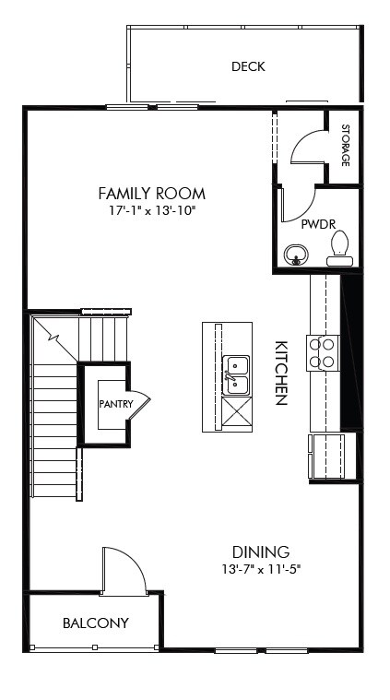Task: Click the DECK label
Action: [x=248, y=66]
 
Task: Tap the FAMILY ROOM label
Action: [x=151, y=194]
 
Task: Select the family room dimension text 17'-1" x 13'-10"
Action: [x=151, y=210]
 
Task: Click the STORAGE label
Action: [x=345, y=145]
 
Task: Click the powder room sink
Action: [x=297, y=254]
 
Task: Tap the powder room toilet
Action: [x=340, y=247]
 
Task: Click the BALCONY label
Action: [x=95, y=623]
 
